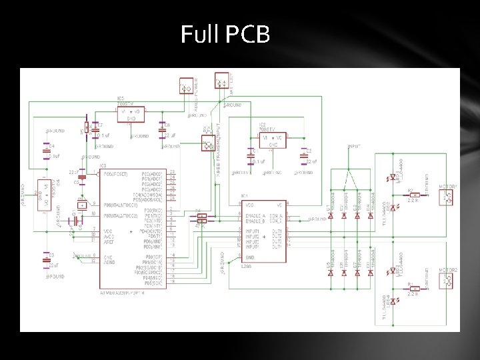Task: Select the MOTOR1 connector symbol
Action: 449,197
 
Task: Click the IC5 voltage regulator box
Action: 131,115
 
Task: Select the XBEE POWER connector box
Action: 185,87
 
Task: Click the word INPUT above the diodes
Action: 355,146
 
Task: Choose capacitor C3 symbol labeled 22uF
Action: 46,261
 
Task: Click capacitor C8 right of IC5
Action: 161,128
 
